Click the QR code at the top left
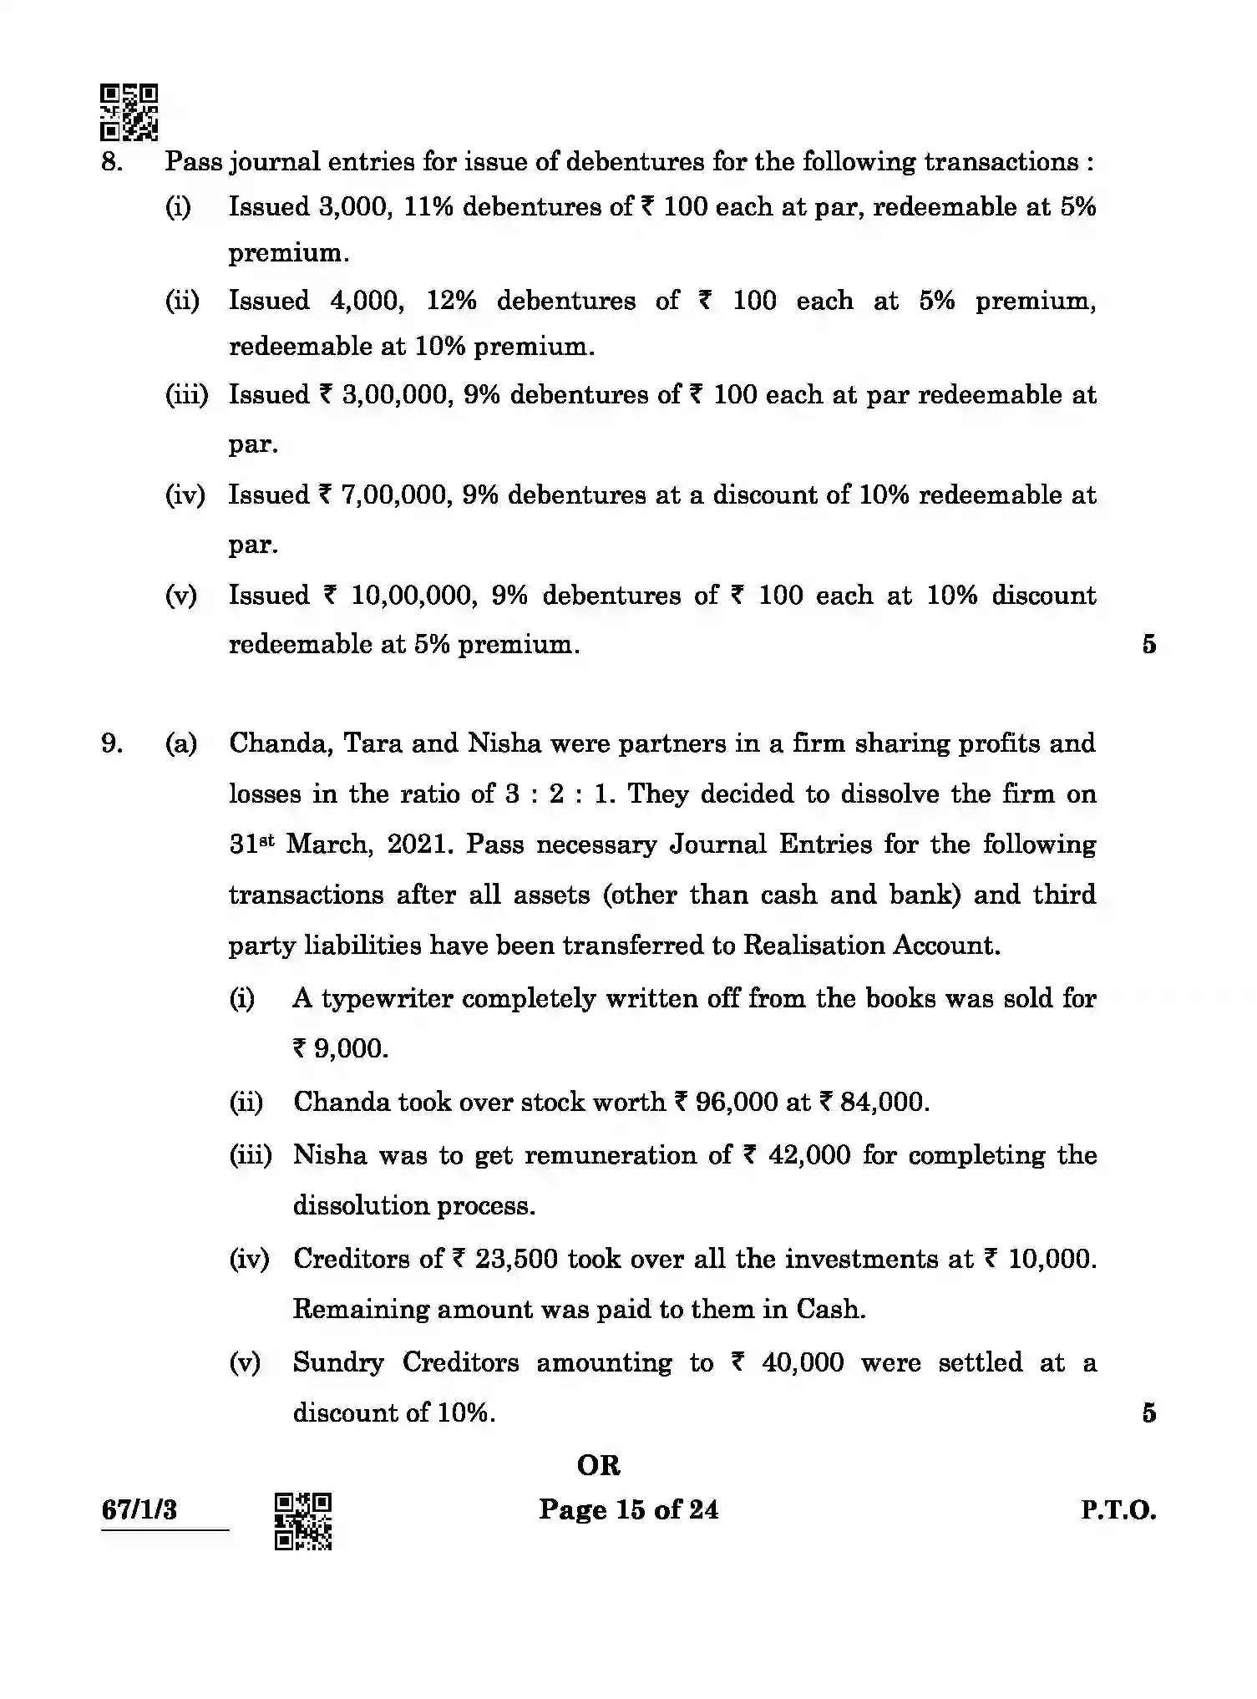(129, 112)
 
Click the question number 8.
(111, 161)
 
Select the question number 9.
(111, 743)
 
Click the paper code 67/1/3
(139, 1510)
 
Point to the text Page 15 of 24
(628, 1509)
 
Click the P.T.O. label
(1118, 1510)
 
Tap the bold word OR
(599, 1464)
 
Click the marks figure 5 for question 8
(1148, 644)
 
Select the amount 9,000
(350, 1049)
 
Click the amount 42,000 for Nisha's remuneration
(810, 1155)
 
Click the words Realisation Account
(870, 946)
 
